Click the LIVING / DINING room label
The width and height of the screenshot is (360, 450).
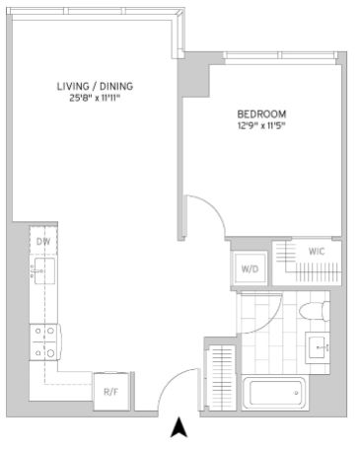95,86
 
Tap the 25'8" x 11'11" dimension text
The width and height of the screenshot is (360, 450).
94,99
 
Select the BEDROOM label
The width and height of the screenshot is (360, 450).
261,114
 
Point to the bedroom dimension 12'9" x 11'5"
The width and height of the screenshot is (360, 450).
261,125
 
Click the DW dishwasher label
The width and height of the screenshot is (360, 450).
43,242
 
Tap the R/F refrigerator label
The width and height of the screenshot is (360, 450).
110,392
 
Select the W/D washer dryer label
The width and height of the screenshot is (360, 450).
250,269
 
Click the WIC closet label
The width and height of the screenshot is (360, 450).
317,252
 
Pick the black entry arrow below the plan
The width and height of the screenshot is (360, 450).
180,427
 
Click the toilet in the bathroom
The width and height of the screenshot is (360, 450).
314,311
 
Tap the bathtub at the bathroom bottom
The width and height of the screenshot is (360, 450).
275,393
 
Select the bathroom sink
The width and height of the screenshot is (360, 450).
318,347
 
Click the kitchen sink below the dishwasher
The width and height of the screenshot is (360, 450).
44,270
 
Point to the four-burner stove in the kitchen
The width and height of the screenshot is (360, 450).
45,342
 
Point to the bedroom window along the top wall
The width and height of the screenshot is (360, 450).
280,55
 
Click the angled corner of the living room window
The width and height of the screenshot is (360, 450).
180,14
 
